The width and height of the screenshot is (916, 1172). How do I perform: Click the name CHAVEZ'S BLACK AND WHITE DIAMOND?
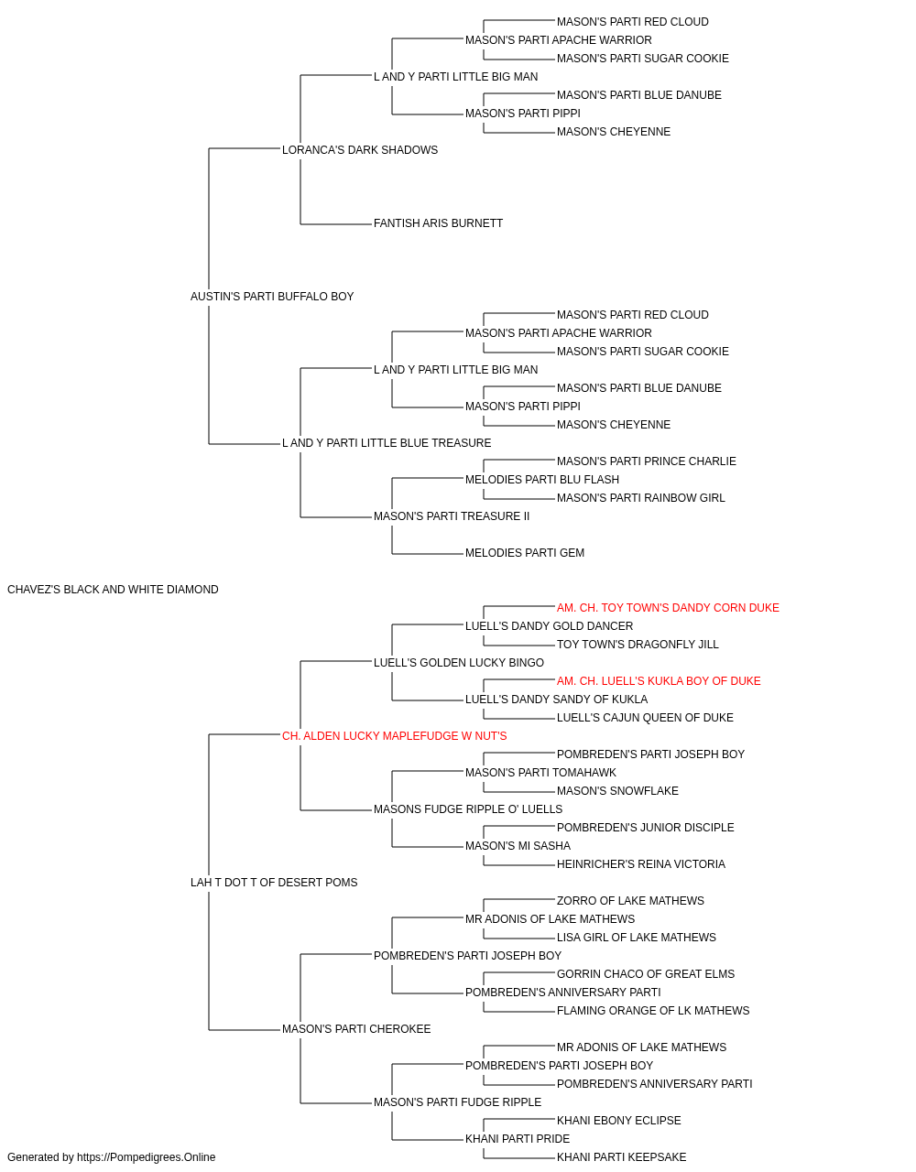pyautogui.click(x=113, y=590)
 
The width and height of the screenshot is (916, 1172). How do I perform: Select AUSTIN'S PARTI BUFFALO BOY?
pyautogui.click(x=272, y=297)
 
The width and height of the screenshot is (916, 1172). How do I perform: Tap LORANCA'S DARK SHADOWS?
pyautogui.click(x=360, y=150)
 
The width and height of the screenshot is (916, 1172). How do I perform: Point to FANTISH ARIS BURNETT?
pyautogui.click(x=438, y=223)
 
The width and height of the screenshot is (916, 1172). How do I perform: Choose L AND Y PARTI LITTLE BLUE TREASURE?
pyautogui.click(x=387, y=443)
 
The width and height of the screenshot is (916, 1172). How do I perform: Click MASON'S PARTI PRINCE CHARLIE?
pyautogui.click(x=647, y=461)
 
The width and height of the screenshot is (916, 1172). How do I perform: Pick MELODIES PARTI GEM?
pyautogui.click(x=524, y=553)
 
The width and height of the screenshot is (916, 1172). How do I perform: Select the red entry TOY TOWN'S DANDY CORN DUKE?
pyautogui.click(x=668, y=608)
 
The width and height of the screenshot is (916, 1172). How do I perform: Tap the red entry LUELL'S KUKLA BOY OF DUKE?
pyautogui.click(x=659, y=681)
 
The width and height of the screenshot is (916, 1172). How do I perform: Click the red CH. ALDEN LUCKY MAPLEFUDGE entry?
pyautogui.click(x=395, y=736)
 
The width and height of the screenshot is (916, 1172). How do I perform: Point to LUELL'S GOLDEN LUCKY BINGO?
pyautogui.click(x=459, y=663)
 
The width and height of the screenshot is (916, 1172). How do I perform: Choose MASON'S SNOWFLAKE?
pyautogui.click(x=617, y=791)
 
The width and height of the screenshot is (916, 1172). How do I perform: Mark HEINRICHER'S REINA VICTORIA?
pyautogui.click(x=641, y=864)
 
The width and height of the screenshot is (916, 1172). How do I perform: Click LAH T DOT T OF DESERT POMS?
pyautogui.click(x=274, y=883)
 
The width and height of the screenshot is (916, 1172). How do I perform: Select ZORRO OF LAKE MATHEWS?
pyautogui.click(x=630, y=901)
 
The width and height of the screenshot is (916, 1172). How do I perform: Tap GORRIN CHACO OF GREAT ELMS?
pyautogui.click(x=645, y=974)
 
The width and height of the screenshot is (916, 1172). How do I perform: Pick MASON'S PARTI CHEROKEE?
pyautogui.click(x=356, y=1029)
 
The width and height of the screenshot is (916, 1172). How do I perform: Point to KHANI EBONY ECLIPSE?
pyautogui.click(x=619, y=1122)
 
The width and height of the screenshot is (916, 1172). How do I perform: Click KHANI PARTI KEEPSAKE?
pyautogui.click(x=621, y=1158)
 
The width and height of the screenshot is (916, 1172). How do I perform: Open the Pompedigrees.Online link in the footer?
pyautogui.click(x=146, y=1158)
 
